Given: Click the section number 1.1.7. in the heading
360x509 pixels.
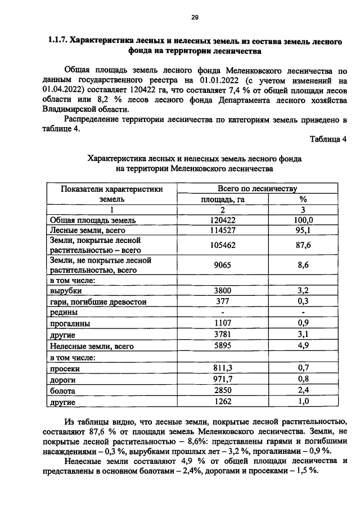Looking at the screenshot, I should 58,41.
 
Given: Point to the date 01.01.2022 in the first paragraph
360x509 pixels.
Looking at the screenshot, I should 211,81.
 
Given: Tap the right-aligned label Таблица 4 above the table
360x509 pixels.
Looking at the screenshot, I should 328,138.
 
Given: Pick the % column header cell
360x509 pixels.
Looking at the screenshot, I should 303,199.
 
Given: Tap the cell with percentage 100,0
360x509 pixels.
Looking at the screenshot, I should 303,220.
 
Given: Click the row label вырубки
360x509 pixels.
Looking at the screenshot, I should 66,291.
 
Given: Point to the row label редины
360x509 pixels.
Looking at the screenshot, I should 64,313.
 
